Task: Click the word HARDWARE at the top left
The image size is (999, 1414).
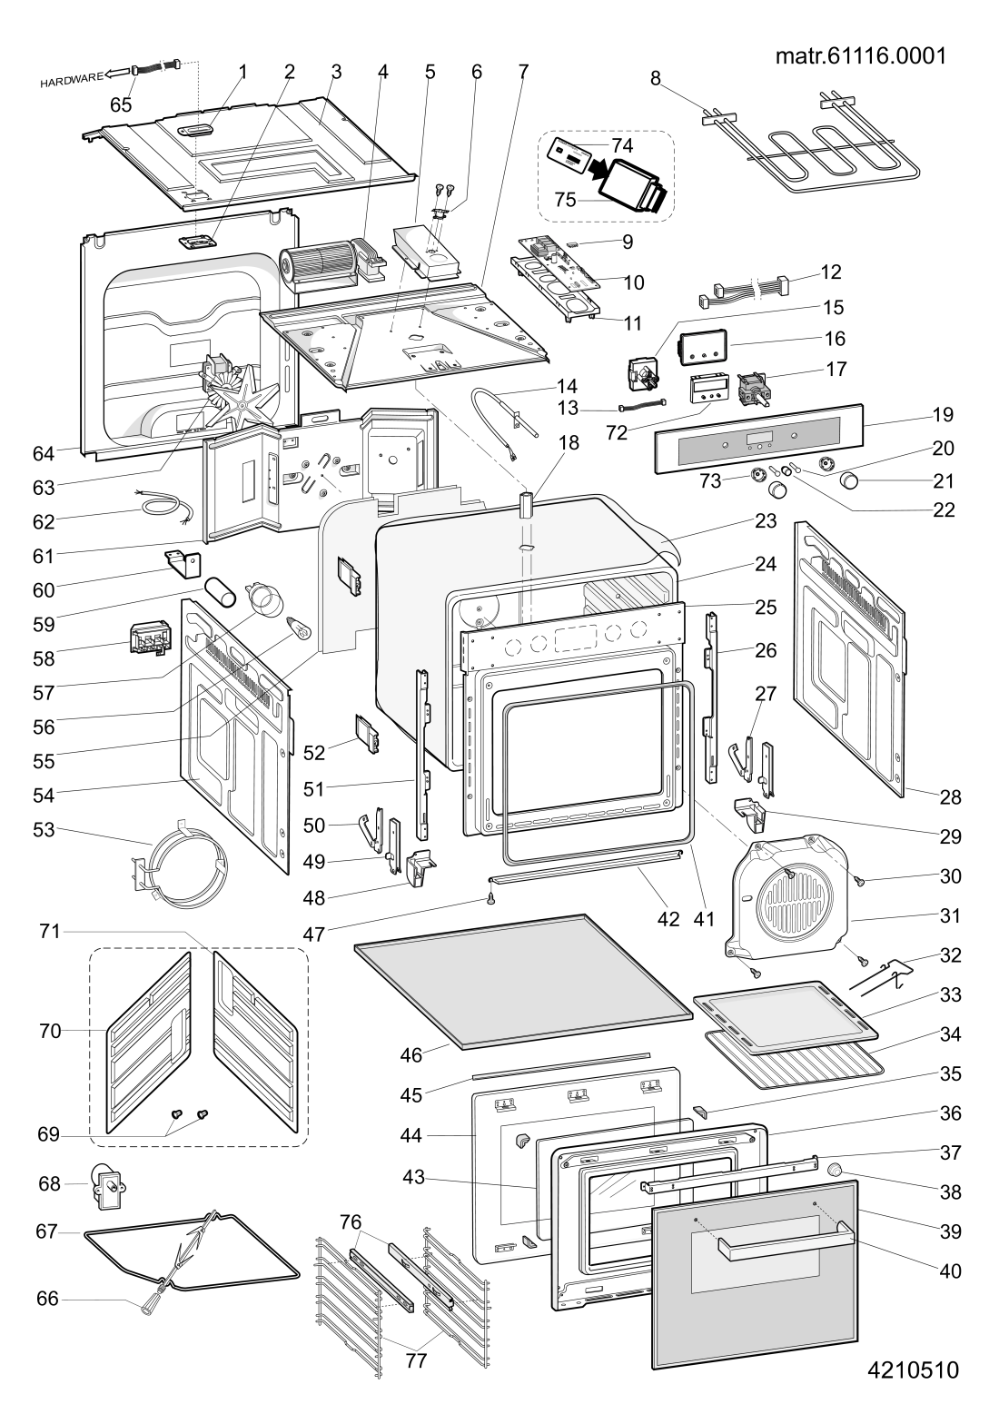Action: pyautogui.click(x=70, y=79)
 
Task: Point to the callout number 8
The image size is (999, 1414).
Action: pyautogui.click(x=656, y=79)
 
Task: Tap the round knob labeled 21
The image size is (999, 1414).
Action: pyautogui.click(x=851, y=480)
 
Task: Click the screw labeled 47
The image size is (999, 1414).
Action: pyautogui.click(x=490, y=899)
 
